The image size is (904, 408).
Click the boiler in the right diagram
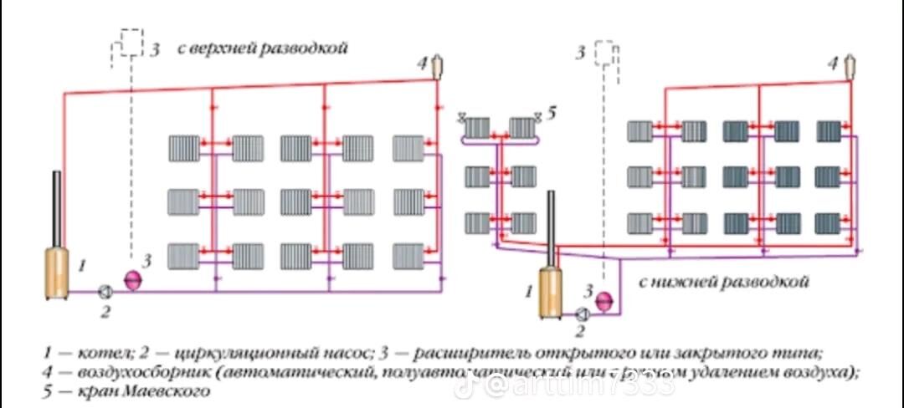click(x=551, y=293)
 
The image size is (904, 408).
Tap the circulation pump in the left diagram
click(x=105, y=291)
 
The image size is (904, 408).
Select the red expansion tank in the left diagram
click(x=132, y=279)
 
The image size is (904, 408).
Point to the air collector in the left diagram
click(x=436, y=66)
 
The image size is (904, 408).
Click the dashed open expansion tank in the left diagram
click(x=130, y=43)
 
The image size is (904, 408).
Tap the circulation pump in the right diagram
click(x=582, y=314)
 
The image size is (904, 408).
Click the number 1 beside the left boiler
click(x=82, y=266)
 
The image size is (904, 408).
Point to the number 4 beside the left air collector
click(x=422, y=62)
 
